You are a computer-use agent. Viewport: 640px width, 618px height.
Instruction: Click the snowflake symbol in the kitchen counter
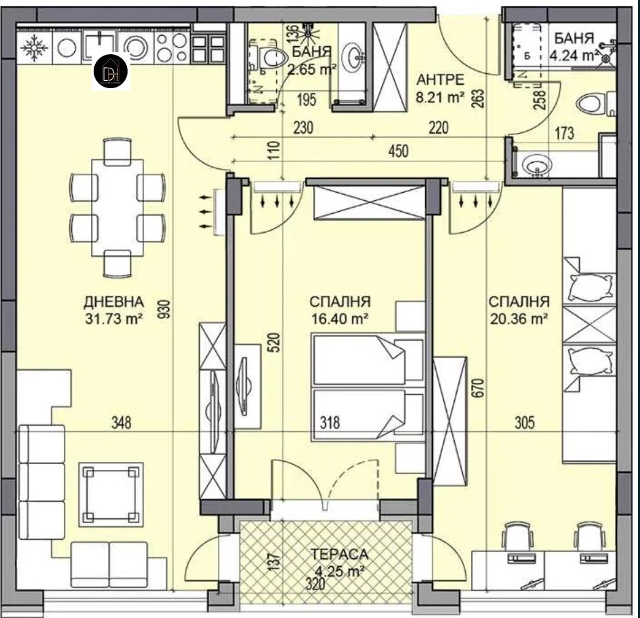35,47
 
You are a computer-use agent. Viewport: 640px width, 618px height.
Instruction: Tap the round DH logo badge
111,71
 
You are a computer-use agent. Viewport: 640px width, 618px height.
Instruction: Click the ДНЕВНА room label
114,302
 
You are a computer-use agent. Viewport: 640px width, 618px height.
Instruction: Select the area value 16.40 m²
340,318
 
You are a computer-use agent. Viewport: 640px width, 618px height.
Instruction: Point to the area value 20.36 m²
519,318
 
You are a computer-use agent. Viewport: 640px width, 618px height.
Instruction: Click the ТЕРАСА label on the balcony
339,554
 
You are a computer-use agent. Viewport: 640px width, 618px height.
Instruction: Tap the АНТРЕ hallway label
440,79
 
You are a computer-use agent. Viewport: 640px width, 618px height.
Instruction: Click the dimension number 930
164,309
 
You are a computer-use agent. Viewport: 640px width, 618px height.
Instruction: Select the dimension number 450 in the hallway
398,151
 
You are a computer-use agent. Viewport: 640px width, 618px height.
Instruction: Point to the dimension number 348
121,423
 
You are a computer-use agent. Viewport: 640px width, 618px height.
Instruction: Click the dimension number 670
479,388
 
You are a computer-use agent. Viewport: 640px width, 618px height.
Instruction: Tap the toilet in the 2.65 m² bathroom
269,57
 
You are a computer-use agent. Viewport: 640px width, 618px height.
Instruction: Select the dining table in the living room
117,208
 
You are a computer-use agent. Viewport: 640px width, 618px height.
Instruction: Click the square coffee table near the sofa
111,495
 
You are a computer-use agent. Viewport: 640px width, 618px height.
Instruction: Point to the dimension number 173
565,133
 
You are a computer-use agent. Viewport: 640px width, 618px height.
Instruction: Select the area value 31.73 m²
114,318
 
